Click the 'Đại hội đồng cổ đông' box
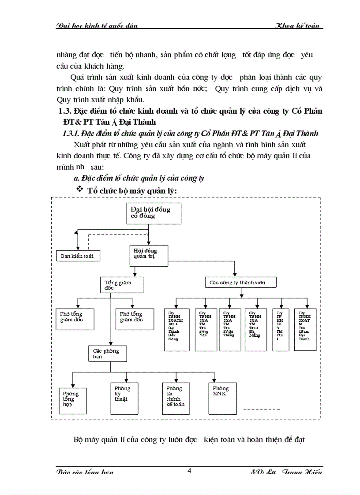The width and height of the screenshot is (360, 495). coord(149,212)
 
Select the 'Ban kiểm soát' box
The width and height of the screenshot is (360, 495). coord(77,256)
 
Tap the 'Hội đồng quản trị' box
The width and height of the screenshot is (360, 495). coord(149,255)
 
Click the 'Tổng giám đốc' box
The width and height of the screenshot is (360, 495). coord(122,285)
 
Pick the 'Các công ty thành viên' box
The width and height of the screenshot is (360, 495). coord(241,282)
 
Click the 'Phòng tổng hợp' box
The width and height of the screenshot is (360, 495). coord(73,400)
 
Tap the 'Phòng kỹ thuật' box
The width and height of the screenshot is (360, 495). coord(123,398)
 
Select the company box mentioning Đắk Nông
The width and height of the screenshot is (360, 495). coord(176,330)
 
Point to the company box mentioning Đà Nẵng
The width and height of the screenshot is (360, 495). coord(256,330)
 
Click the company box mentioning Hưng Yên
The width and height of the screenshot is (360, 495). coord(206,330)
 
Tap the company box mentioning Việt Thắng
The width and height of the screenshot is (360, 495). coord(230,330)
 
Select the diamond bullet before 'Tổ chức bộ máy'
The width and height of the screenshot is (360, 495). coord(80,189)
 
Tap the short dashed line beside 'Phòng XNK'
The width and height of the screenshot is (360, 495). coord(262,410)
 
